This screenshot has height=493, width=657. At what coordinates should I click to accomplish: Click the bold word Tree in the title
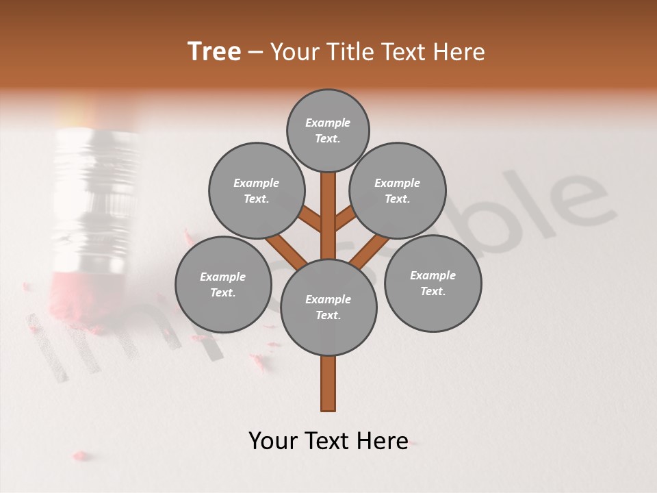click(214, 51)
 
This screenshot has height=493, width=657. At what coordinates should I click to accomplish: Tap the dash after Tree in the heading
click(255, 52)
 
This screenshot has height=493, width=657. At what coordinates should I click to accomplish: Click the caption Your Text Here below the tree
click(328, 441)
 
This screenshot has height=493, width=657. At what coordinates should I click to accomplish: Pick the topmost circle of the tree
click(328, 130)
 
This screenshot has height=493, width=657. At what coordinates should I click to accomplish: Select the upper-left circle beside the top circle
click(257, 190)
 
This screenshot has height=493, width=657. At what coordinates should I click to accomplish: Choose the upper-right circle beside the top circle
click(398, 190)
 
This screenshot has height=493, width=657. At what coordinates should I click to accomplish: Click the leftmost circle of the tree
click(223, 284)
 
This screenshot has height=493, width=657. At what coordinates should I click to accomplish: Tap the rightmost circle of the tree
click(433, 283)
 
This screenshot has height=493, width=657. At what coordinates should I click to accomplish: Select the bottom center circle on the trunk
click(328, 307)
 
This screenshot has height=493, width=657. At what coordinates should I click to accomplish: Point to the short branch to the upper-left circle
click(311, 220)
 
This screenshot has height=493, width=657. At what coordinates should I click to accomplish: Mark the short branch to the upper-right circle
click(346, 220)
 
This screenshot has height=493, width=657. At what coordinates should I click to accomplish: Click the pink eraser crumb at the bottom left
click(81, 455)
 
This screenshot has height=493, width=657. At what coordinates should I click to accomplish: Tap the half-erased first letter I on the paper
click(48, 346)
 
